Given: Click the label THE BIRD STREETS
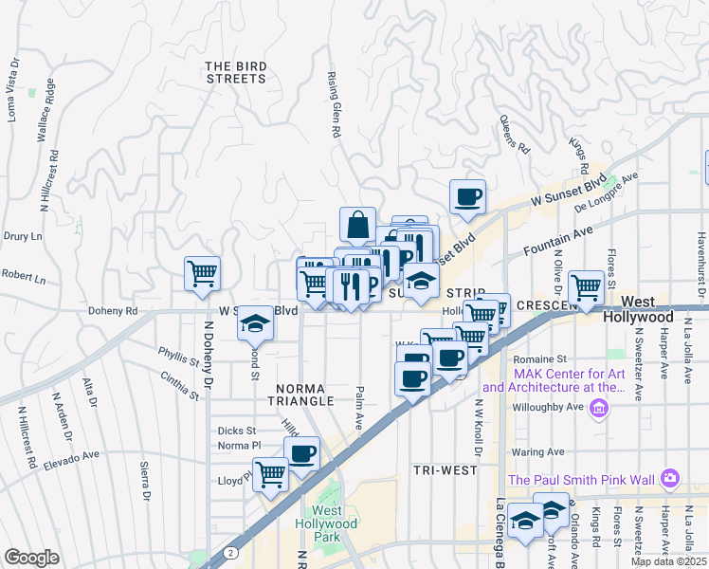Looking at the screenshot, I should pos(236,72).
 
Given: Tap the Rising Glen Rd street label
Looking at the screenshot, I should pos(333,104).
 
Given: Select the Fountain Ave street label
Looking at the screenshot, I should pos(559,240).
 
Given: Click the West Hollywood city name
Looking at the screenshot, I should pos(646,317).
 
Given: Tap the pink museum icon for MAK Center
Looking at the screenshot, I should pos(598,408).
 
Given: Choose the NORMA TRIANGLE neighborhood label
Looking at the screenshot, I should pos(304,395).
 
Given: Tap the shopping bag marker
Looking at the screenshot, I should pos(357,226).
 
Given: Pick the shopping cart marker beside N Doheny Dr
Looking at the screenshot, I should pos(202,274).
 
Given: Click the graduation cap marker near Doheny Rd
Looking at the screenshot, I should pos(253,323).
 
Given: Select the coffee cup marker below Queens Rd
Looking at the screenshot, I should pos(467,197).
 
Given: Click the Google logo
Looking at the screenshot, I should pos(31,557).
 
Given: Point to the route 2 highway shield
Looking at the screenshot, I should pos(229,552).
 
